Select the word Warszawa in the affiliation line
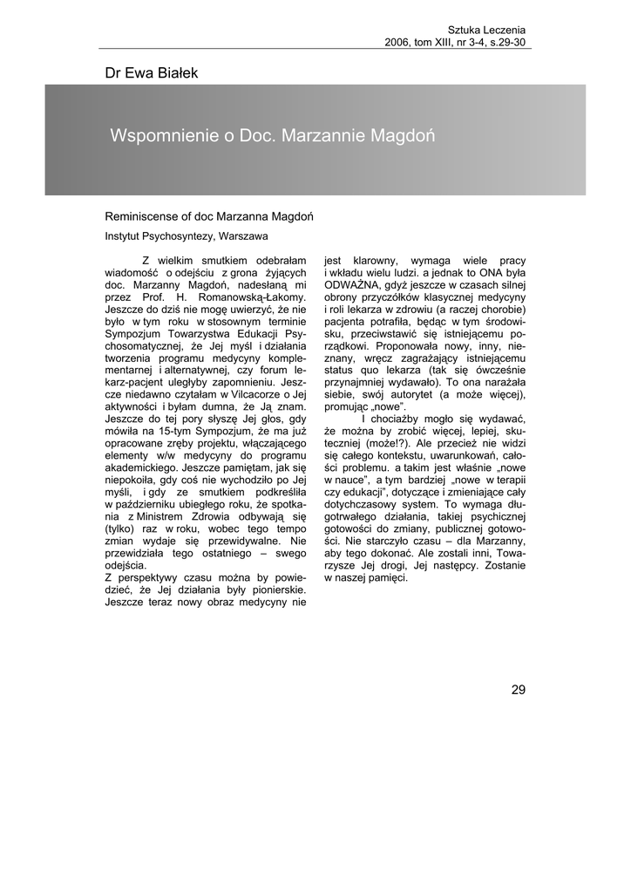(244, 236)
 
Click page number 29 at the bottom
(519, 691)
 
